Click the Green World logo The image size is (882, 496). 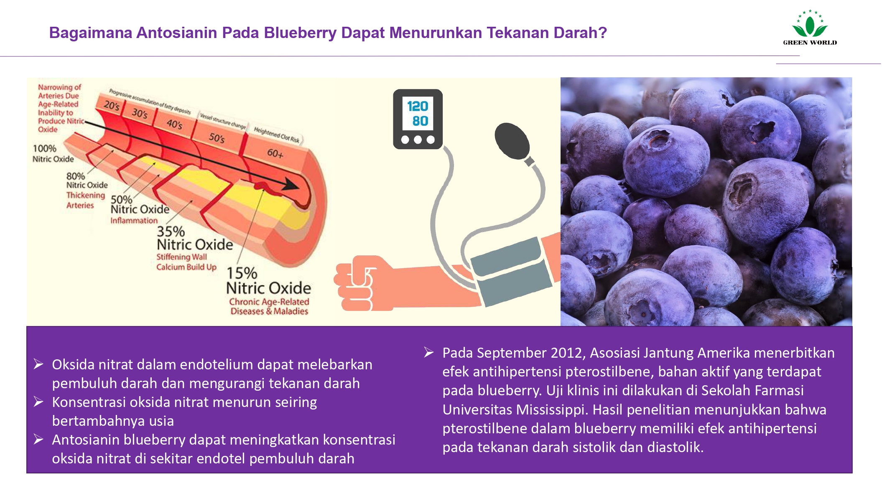click(x=810, y=27)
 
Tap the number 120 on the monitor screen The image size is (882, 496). click(x=418, y=106)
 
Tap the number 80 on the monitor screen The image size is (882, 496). click(x=420, y=121)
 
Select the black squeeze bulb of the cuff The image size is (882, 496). click(x=512, y=141)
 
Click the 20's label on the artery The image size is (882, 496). click(x=112, y=105)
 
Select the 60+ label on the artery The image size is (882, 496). click(x=275, y=153)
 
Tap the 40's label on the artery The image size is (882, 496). click(x=174, y=124)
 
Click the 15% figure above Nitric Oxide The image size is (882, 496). click(x=242, y=273)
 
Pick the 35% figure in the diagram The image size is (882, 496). click(x=171, y=231)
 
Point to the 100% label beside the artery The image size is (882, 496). click(x=44, y=148)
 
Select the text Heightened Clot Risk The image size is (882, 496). click(x=277, y=135)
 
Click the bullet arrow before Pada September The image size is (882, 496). click(x=428, y=352)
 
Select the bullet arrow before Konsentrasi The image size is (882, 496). click(x=38, y=402)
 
